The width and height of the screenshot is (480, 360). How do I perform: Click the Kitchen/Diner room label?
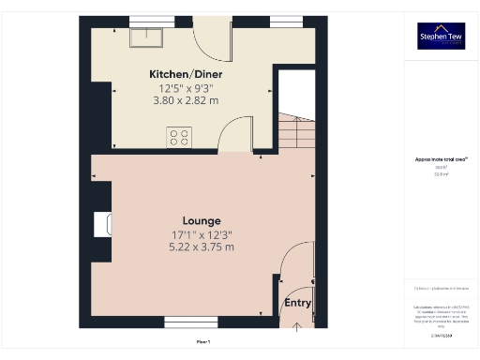tap(186, 74)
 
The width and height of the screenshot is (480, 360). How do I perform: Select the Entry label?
tap(297, 303)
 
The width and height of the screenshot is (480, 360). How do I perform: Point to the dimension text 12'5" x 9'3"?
tap(186, 89)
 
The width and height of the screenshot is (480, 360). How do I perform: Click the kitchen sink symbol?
tap(146, 36)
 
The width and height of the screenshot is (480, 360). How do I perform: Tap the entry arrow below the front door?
tap(298, 325)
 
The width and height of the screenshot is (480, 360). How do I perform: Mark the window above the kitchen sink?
tap(144, 21)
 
